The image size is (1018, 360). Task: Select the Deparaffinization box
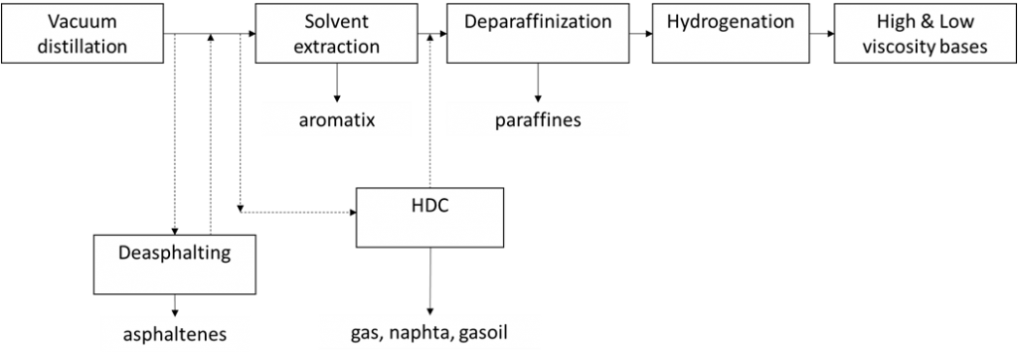(538, 33)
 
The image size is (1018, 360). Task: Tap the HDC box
(429, 217)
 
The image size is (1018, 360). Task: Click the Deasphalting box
(174, 265)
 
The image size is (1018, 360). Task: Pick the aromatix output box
(341, 119)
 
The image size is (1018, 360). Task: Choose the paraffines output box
(538, 119)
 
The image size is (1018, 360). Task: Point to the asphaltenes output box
(174, 333)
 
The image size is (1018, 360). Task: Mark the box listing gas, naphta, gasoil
(429, 332)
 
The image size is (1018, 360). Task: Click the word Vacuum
(68, 22)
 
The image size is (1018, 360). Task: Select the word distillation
(68, 46)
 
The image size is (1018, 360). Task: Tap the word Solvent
(341, 22)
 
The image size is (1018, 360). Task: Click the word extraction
(341, 46)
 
